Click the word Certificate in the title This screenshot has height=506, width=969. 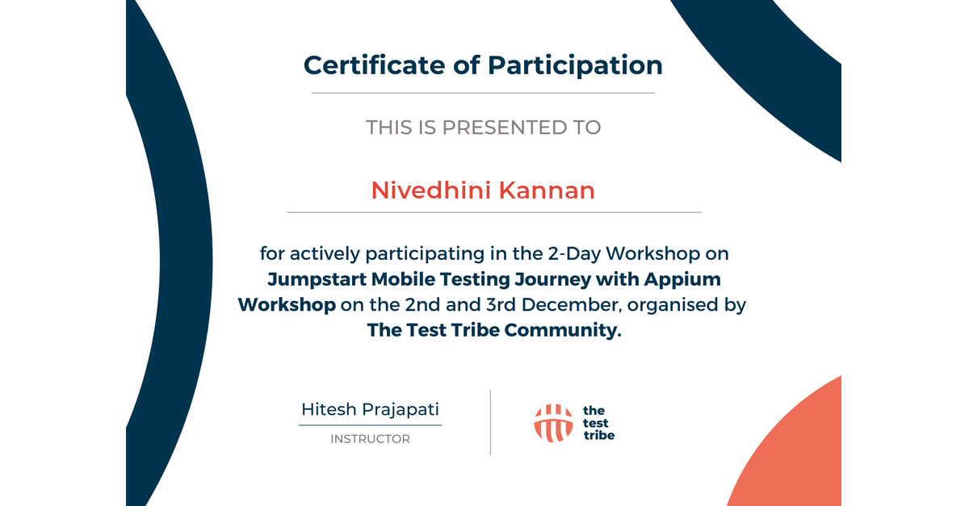[x=374, y=65]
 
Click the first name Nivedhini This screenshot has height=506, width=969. [x=431, y=190]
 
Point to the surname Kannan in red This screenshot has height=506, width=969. [x=547, y=190]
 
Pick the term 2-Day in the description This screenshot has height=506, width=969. [x=574, y=254]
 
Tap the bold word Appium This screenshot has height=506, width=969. [x=682, y=280]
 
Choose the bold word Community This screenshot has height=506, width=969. [x=563, y=330]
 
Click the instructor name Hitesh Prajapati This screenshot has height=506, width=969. [x=371, y=409]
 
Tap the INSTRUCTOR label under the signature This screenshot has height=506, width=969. [x=371, y=439]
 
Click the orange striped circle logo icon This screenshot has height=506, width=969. [x=554, y=423]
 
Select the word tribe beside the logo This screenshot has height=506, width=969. [x=599, y=435]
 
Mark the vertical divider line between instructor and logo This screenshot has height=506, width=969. [x=491, y=423]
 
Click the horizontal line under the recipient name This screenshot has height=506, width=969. [x=494, y=212]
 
